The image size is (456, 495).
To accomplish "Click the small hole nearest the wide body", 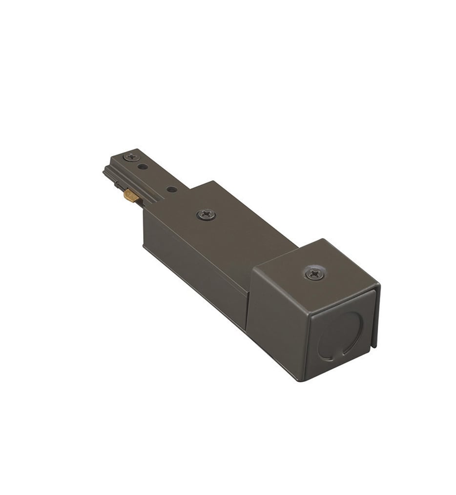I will tap(170, 189).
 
